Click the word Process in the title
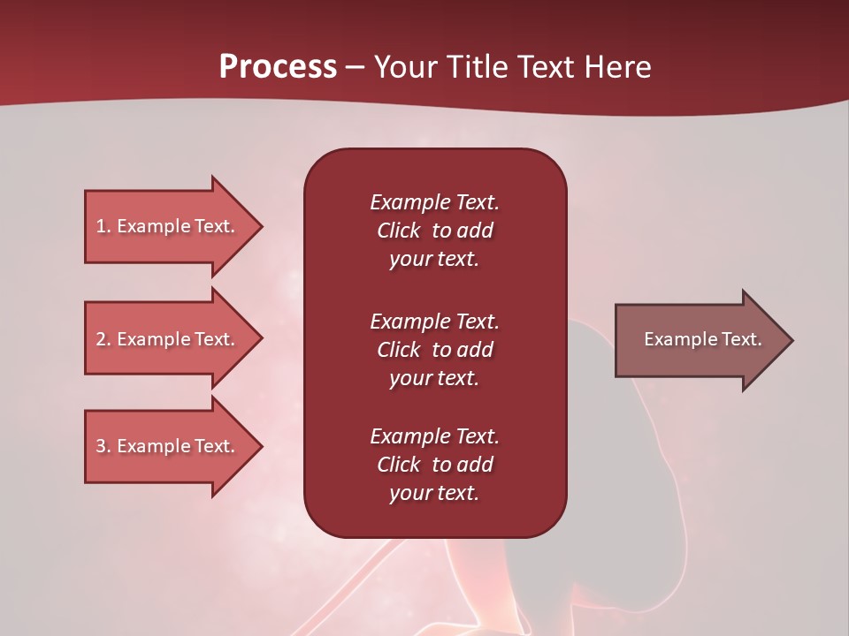pos(278,67)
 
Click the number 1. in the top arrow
pos(103,226)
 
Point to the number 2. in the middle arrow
pos(103,339)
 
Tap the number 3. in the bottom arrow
pos(103,446)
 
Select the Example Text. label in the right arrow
pos(702,339)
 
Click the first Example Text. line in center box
pos(434,202)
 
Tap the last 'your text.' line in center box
pos(434,493)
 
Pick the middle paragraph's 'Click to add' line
pos(434,350)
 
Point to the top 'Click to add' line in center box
pos(434,231)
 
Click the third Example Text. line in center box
pos(434,436)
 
